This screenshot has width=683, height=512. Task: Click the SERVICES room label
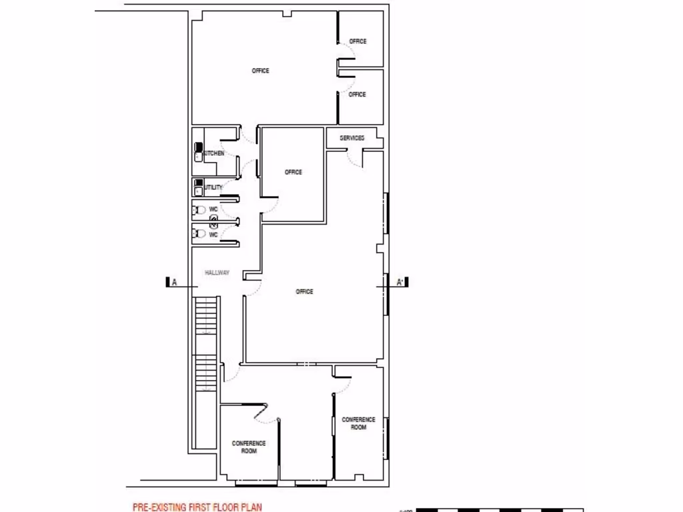tap(352, 138)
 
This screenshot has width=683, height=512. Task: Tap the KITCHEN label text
tap(214, 153)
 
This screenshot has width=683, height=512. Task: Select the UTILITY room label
tap(213, 187)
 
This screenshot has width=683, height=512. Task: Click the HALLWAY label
tap(217, 273)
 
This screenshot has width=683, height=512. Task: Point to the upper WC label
tap(213, 209)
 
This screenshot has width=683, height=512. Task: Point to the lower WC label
tap(213, 235)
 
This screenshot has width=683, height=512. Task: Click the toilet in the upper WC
tap(199, 210)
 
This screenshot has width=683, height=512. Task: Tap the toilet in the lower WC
tap(199, 234)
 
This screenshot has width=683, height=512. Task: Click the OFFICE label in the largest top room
tap(260, 71)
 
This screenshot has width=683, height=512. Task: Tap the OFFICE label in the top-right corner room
tap(358, 41)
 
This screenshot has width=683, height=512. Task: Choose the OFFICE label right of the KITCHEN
tap(293, 172)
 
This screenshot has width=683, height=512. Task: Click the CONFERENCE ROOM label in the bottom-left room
tap(248, 447)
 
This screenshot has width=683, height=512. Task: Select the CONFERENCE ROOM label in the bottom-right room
tap(358, 423)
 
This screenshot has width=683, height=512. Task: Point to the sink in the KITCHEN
tap(198, 157)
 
